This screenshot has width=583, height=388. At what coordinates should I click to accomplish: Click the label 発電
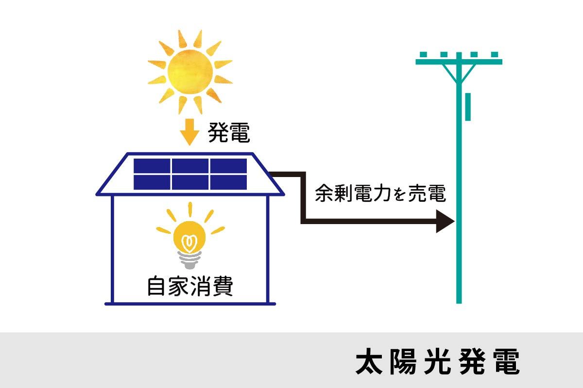point(229,132)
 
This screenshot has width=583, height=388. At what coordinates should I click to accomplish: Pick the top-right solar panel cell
point(228,165)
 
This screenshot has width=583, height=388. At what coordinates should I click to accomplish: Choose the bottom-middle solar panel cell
point(189,182)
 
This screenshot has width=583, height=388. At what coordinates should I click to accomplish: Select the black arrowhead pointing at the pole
point(445,222)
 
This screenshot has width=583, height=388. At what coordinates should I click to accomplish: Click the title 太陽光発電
point(437,361)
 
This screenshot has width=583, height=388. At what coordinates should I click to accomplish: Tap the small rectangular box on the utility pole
point(468,107)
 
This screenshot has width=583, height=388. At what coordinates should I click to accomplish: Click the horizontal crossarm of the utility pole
point(459,62)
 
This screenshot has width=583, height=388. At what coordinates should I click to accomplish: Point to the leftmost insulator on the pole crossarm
point(423,55)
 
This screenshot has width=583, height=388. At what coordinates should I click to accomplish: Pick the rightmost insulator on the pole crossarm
point(495,55)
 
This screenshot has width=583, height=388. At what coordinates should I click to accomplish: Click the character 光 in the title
point(437,361)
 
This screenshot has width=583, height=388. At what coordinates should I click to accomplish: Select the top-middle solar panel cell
point(189,165)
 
